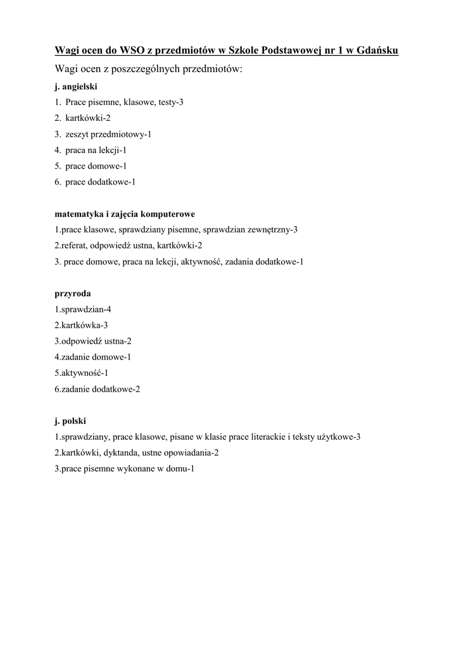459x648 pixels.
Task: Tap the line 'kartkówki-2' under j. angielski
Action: (88, 118)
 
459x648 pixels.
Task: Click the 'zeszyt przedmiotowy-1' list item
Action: (108, 134)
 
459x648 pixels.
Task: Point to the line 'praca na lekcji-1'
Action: (96, 150)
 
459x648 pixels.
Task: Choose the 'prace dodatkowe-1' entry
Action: (100, 182)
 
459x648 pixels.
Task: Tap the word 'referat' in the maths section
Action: (73, 246)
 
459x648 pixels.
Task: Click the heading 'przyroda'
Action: (73, 294)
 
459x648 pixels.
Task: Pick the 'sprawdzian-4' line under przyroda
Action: (83, 309)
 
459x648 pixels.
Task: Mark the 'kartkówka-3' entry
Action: (82, 325)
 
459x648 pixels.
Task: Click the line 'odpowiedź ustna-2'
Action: (93, 341)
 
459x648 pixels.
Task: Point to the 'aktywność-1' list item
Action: (81, 373)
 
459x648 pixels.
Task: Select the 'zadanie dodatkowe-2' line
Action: (97, 389)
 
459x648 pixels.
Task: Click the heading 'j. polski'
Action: (70, 421)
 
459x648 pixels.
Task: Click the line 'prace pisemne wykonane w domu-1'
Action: (124, 469)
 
